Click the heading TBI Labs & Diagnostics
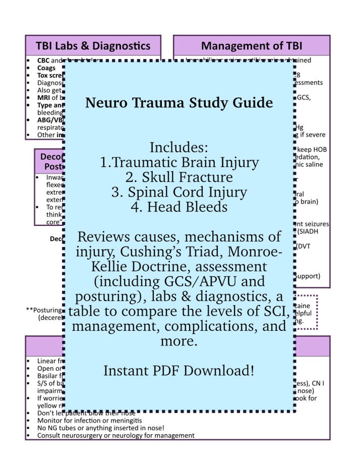click(93, 46)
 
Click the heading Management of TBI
click(252, 46)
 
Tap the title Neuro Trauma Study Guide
click(179, 103)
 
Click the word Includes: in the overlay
click(179, 147)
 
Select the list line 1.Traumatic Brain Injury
click(179, 162)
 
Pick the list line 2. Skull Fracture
click(179, 177)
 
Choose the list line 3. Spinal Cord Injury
click(179, 192)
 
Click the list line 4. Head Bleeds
click(179, 207)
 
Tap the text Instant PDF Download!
click(179, 370)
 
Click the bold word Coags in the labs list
click(46, 68)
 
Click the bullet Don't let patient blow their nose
click(86, 413)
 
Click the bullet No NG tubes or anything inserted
click(100, 428)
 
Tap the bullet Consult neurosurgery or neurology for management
click(116, 435)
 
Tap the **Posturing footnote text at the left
click(45, 310)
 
